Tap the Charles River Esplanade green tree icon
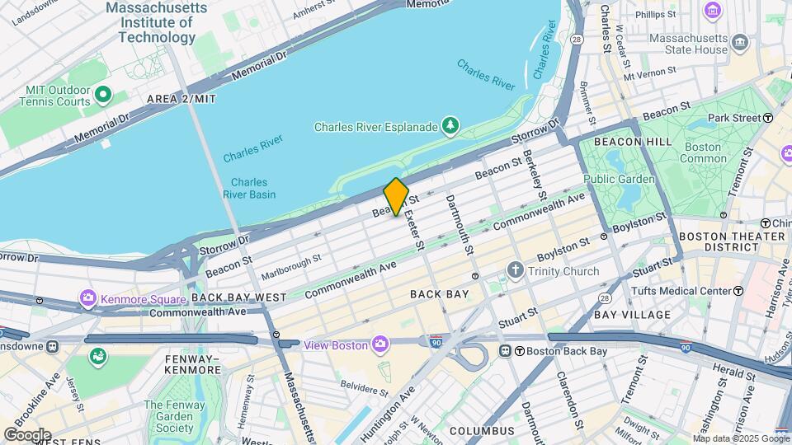pos(450,126)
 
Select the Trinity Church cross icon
pos(516,270)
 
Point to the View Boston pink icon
pos(379,344)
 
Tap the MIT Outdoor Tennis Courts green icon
pos(102,96)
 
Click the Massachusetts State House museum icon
pos(740,41)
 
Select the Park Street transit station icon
pos(768,119)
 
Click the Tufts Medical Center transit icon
pos(738,291)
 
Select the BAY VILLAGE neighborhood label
pos(632,315)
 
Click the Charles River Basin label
pos(249,189)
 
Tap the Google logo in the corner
pos(27,434)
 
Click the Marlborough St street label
pos(290,265)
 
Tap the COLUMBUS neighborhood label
pos(482,431)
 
